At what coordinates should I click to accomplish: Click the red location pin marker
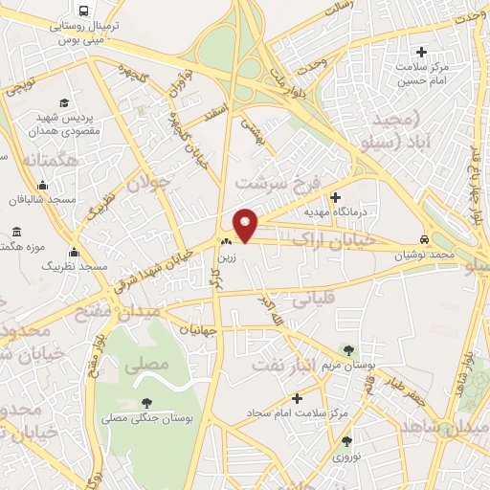246,224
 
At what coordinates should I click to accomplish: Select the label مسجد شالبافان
70,201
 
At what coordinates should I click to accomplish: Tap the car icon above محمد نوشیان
424,239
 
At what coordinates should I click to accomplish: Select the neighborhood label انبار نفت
284,364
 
